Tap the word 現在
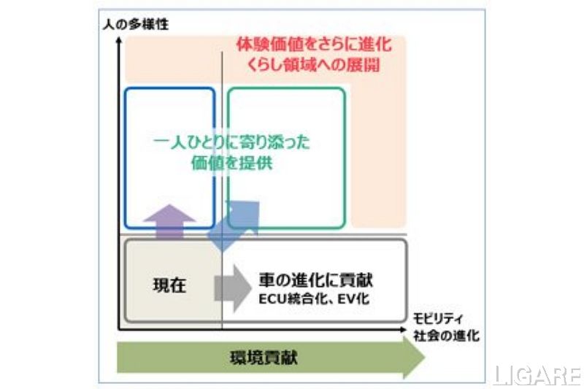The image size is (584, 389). pos(169,285)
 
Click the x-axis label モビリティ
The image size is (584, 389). pos(437,319)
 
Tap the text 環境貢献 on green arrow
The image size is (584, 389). pos(265,358)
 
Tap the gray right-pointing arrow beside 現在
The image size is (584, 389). pos(231,285)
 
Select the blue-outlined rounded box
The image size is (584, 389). pos(169,157)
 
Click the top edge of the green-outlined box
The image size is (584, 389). pos(286,88)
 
